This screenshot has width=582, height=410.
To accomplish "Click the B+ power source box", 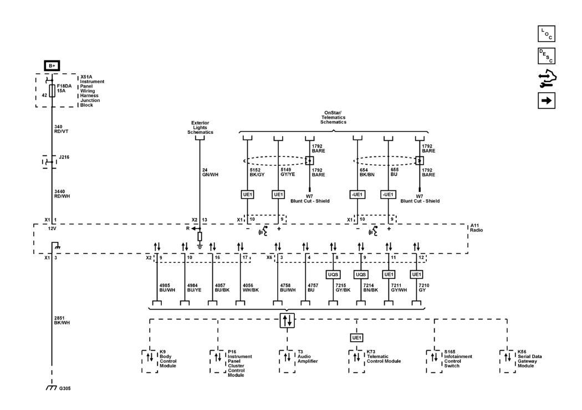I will [52, 65].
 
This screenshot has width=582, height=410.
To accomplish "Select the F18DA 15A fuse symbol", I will [52, 90].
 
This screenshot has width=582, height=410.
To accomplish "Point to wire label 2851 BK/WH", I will [62, 320].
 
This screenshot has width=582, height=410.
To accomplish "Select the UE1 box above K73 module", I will [356, 338].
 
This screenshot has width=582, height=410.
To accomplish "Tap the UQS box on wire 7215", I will [333, 274].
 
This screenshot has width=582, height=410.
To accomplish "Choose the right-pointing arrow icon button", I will [547, 101].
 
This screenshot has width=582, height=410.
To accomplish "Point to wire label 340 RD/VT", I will [62, 128].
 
